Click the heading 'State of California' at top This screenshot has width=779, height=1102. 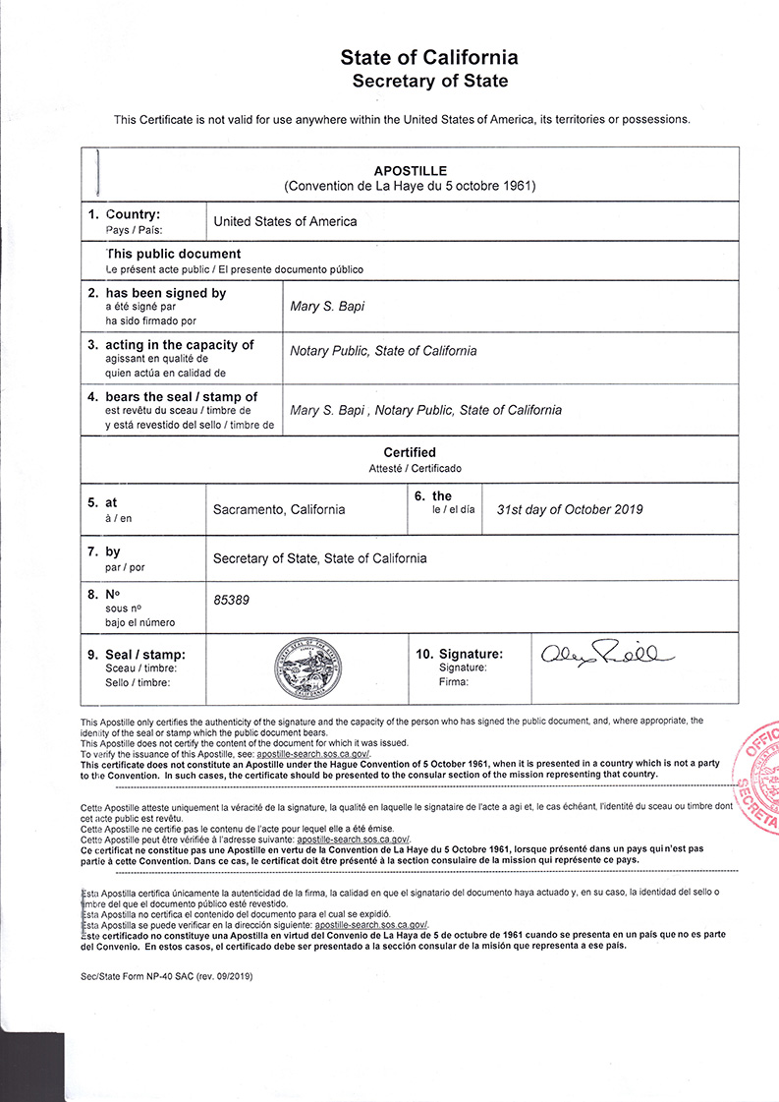coord(429,58)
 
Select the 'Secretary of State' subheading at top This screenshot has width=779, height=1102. coord(429,82)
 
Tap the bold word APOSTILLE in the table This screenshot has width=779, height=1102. coord(410,170)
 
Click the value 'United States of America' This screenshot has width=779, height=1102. coord(285,221)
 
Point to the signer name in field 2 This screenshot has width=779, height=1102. coord(327,307)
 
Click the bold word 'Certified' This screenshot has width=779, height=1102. coord(410,452)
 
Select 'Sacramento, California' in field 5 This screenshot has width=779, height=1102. coord(279,509)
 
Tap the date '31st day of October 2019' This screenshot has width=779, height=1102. coord(570,509)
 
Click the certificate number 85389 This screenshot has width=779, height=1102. coord(231,598)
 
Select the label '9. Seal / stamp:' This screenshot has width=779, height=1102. coord(145,655)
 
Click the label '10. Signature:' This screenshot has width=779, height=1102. coord(459,654)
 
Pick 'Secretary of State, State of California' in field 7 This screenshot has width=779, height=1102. coord(320,558)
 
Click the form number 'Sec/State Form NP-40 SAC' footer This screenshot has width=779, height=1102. coord(172,977)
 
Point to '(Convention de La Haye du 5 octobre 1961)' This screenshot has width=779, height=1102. coord(410,185)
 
